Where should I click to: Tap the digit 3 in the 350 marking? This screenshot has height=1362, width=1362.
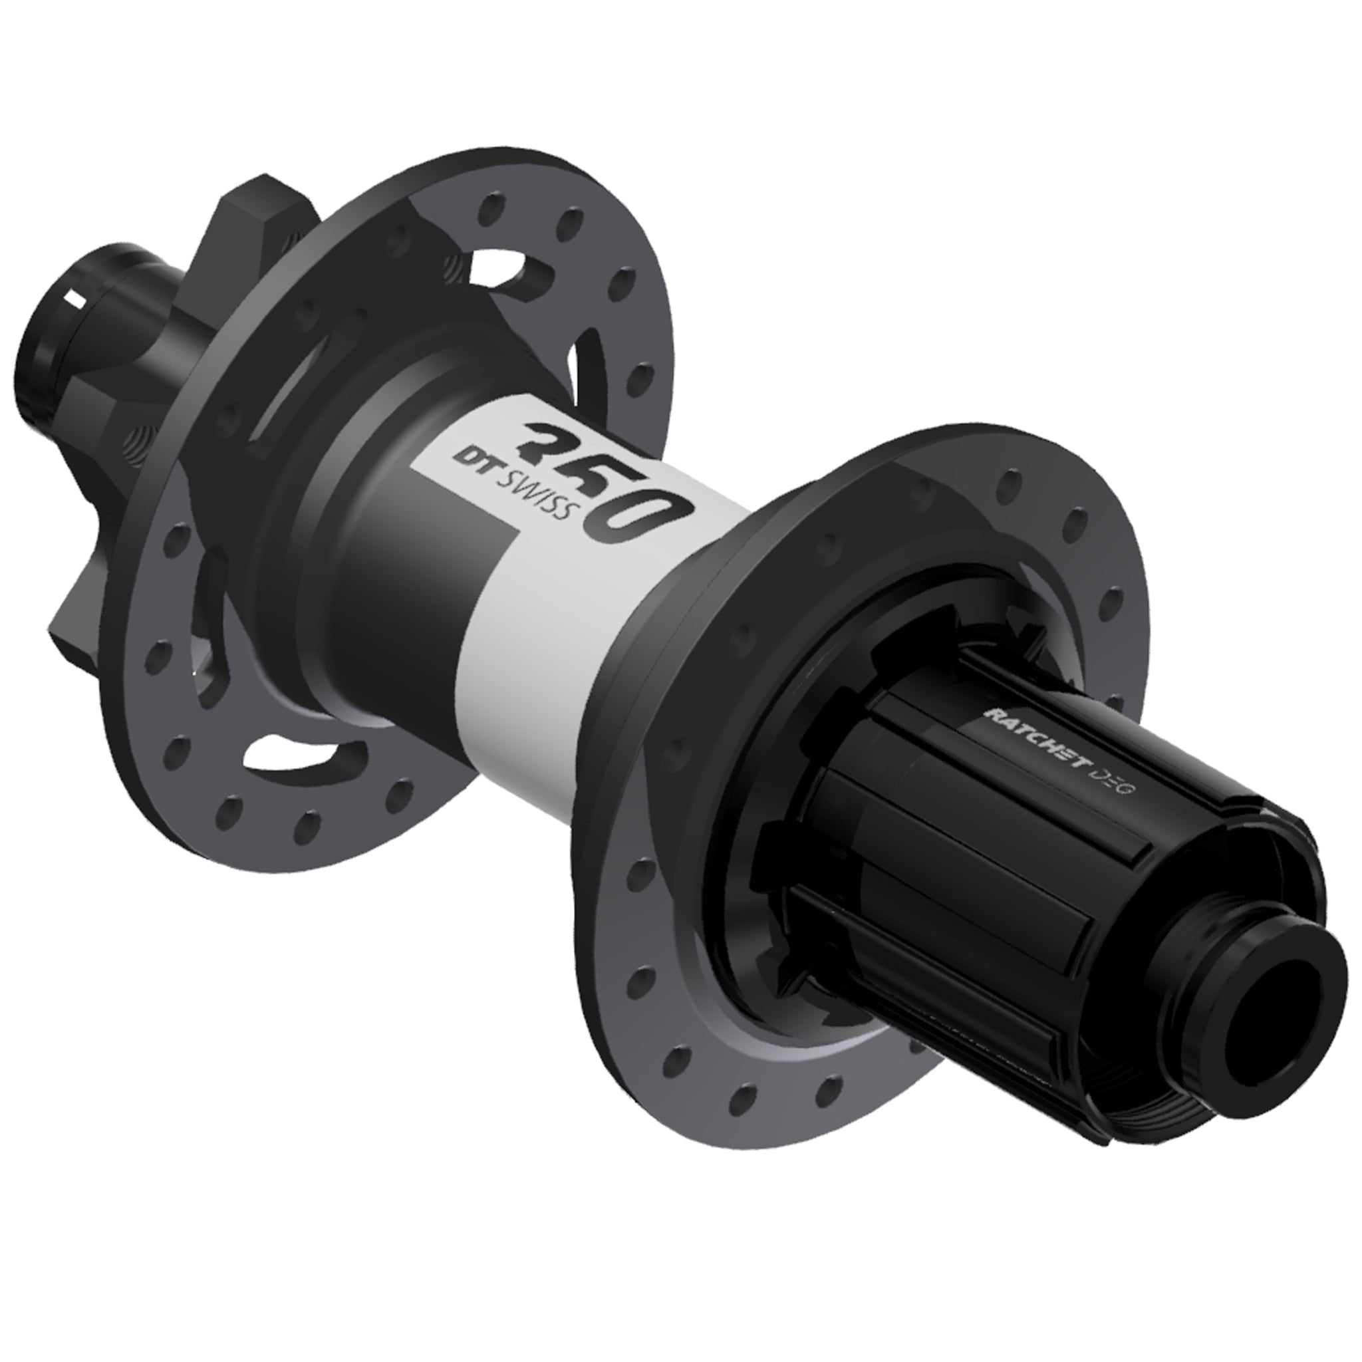553,445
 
